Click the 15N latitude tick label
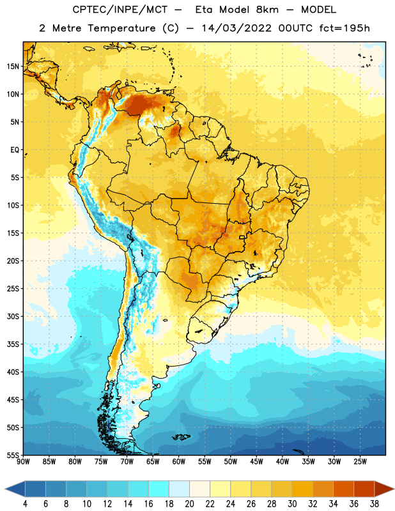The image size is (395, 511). tap(13, 66)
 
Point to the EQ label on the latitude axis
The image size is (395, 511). tap(15, 150)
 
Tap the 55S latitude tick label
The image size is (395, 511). tap(13, 455)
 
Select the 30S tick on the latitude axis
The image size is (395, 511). tap(13, 316)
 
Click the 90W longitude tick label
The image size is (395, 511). tap(23, 462)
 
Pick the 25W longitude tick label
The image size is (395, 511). tap(360, 462)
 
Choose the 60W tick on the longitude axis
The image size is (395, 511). tap(179, 462)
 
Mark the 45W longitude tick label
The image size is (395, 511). tap(257, 462)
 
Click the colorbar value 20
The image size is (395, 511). tap(189, 504)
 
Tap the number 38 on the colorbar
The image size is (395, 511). tap(375, 504)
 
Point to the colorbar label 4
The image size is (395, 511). tap(25, 504)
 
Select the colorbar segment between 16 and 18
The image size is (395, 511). tap(159, 489)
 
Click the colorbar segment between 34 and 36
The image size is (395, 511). tap(344, 489)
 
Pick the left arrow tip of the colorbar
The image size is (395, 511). tap(5, 489)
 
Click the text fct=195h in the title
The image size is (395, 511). tap(345, 28)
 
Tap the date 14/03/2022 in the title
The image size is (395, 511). tap(236, 28)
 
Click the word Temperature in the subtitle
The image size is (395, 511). tap(121, 28)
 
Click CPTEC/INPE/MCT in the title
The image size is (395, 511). tap(120, 10)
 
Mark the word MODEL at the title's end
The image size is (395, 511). tap(318, 10)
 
